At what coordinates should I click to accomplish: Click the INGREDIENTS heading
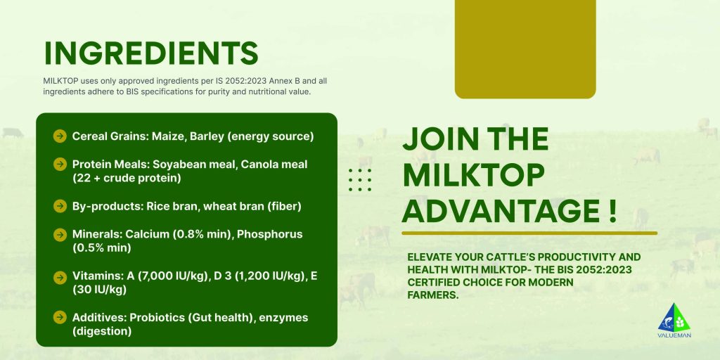151,53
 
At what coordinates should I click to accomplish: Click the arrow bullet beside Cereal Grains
60,136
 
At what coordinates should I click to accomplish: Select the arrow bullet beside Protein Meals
60,164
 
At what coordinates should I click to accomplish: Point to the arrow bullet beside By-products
60,206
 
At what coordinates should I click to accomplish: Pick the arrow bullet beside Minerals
60,235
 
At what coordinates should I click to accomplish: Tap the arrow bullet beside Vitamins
60,277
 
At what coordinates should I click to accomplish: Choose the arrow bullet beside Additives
60,317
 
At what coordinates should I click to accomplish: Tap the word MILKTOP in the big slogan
473,175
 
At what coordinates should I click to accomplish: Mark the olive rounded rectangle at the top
525,49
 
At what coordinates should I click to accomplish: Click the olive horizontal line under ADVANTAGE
529,233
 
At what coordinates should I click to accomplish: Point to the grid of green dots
360,179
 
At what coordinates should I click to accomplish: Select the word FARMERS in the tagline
433,295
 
